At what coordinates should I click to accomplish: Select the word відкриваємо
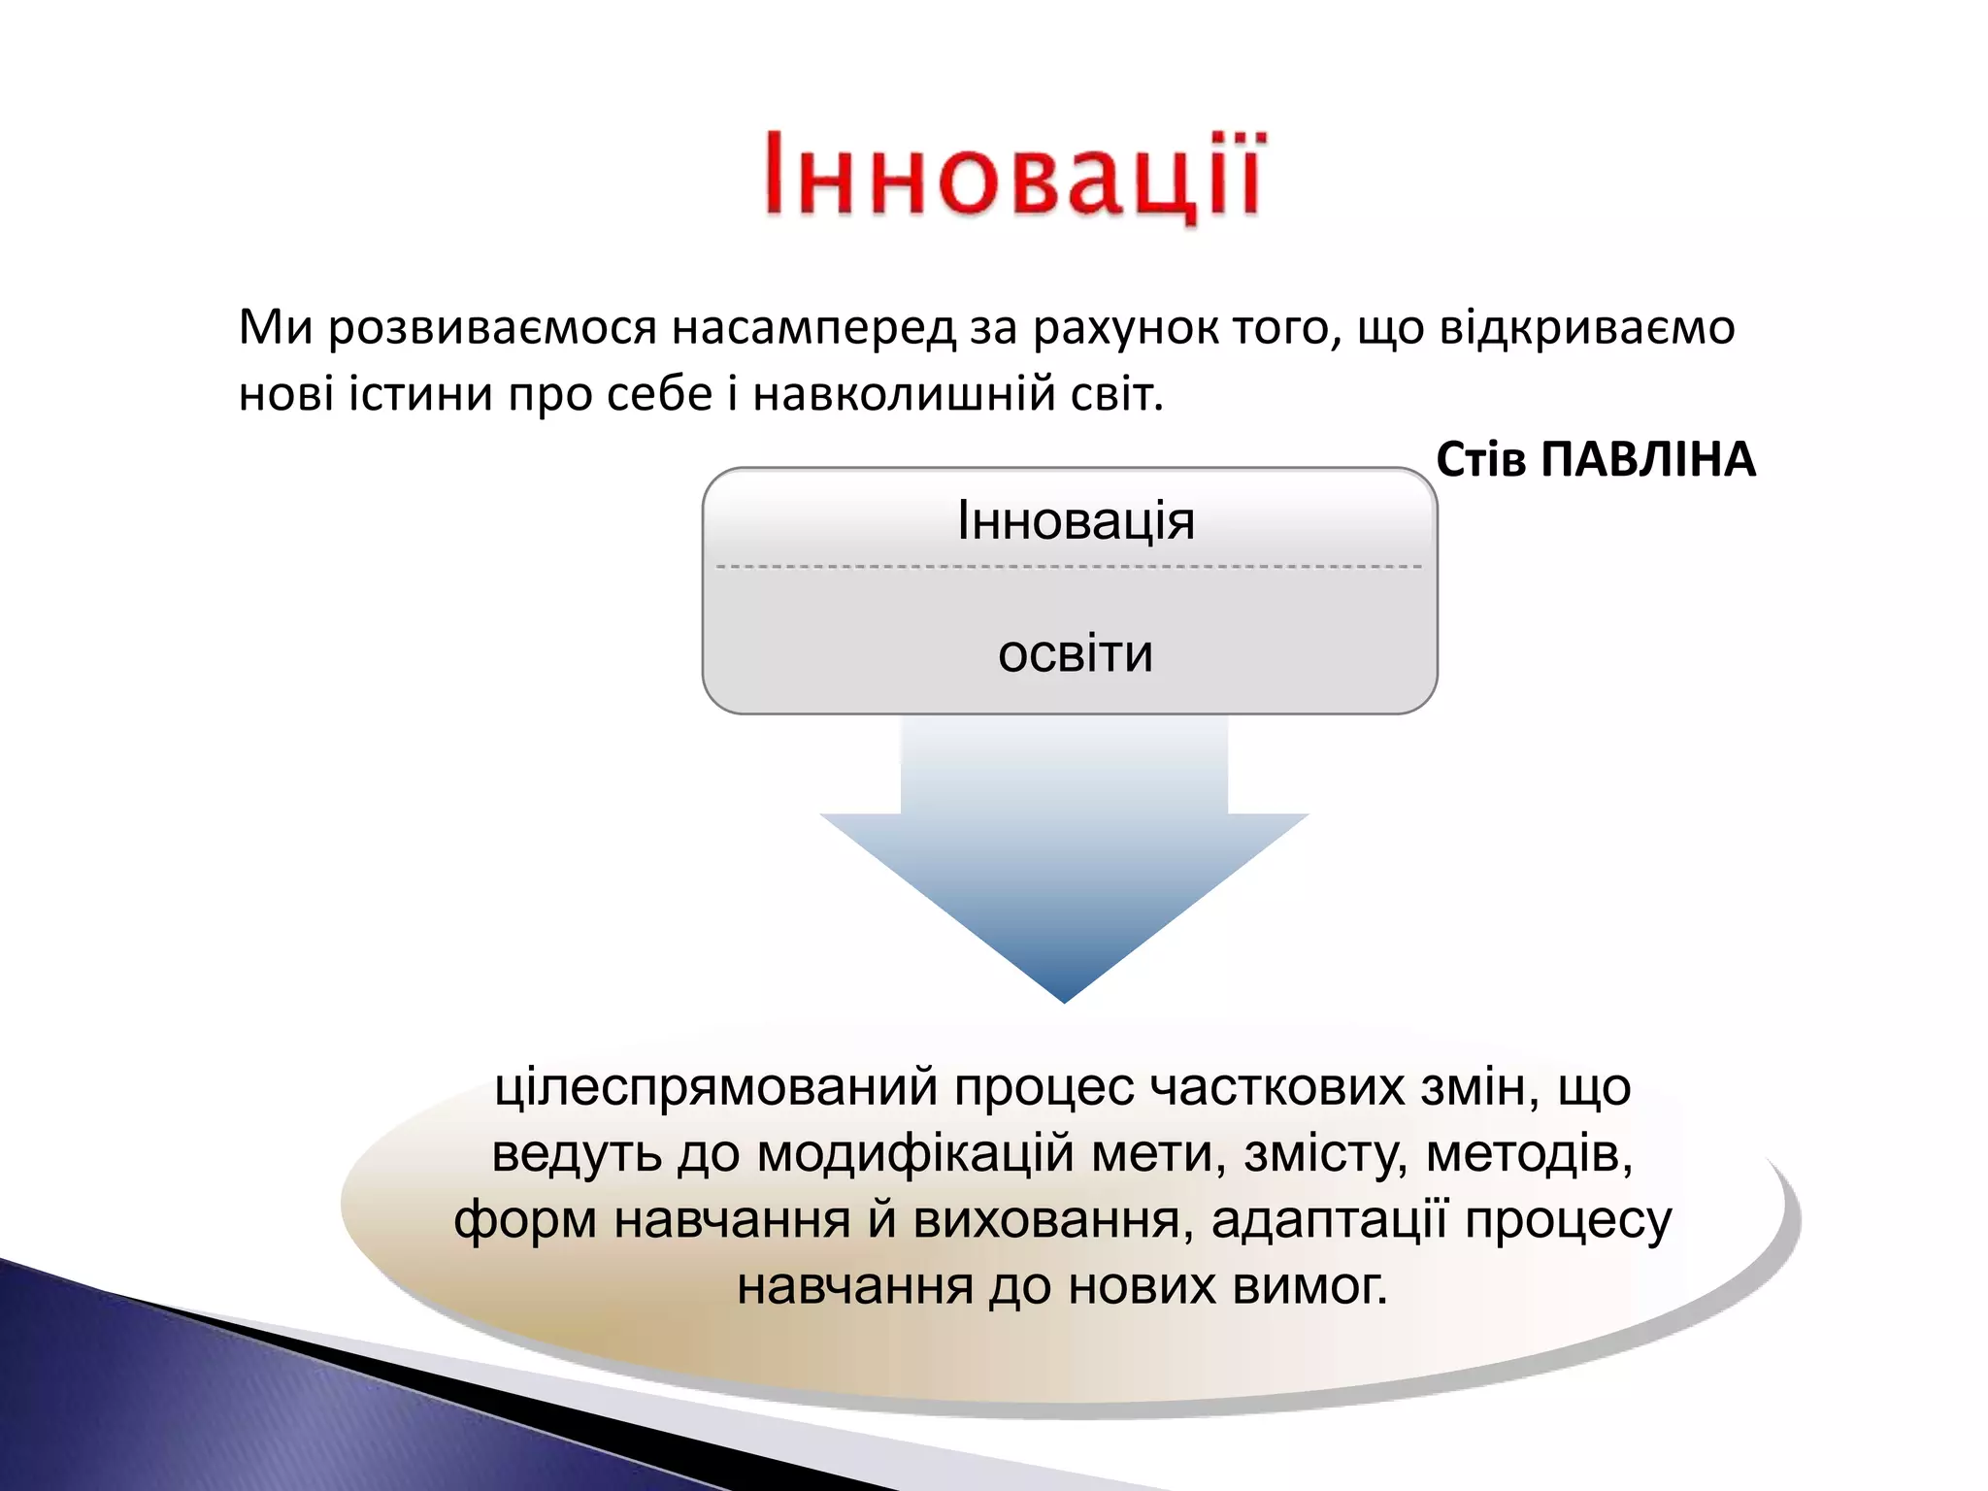(x=1586, y=328)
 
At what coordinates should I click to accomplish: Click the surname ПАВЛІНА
(x=1648, y=460)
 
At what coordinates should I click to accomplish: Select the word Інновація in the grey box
(x=1076, y=521)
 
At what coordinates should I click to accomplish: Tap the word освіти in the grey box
(x=1076, y=654)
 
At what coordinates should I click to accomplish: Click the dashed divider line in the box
(x=1068, y=566)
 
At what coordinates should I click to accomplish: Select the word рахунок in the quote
(x=1126, y=328)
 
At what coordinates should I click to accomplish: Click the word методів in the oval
(x=1529, y=1155)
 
